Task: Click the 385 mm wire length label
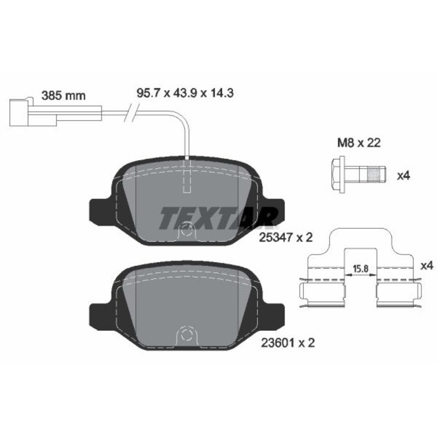click(x=63, y=96)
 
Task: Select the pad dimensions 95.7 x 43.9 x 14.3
click(x=185, y=93)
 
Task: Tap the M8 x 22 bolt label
click(x=359, y=143)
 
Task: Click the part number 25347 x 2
click(x=286, y=237)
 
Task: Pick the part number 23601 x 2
click(x=288, y=342)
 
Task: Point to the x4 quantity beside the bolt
click(x=403, y=176)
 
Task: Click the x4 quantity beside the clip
click(x=427, y=266)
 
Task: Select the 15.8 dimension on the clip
click(x=361, y=269)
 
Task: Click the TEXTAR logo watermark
click(x=218, y=217)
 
